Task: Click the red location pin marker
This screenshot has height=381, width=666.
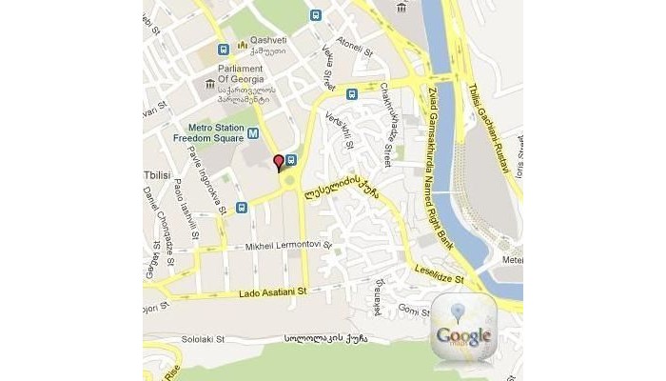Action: (x=278, y=163)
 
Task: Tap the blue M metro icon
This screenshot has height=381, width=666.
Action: (x=253, y=124)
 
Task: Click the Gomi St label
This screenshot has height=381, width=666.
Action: (x=415, y=310)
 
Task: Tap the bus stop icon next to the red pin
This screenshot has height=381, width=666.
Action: (x=291, y=160)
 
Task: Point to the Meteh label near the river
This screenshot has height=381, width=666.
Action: (x=513, y=258)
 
